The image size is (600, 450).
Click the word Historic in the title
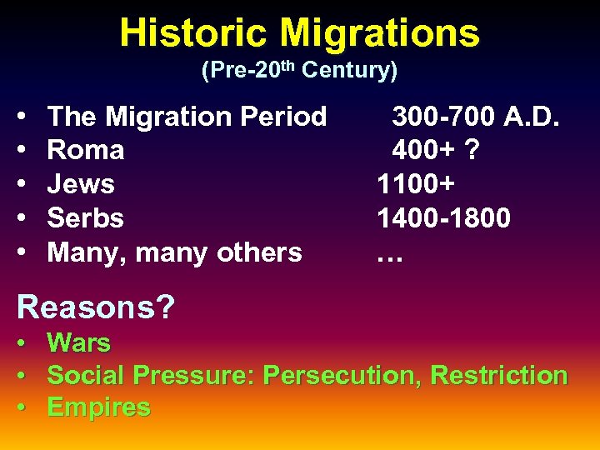(195, 33)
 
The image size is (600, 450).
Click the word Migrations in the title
(380, 33)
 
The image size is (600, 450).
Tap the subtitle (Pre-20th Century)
(299, 71)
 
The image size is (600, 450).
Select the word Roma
(86, 151)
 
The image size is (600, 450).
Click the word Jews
(81, 184)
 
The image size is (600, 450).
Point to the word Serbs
(86, 218)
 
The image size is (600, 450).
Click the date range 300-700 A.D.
(476, 117)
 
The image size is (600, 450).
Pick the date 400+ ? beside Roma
(436, 151)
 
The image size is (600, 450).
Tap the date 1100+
(415, 184)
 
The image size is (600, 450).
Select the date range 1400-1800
(443, 218)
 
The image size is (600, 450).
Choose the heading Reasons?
(96, 307)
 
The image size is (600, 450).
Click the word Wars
(79, 342)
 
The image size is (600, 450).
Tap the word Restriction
(499, 375)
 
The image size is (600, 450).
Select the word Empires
(99, 407)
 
